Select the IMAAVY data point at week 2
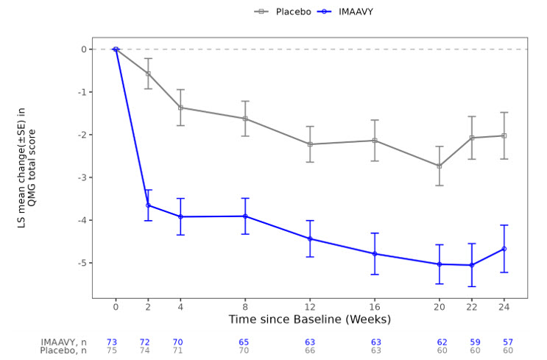tap(148, 205)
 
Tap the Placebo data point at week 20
tap(440, 166)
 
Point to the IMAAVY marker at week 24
tap(504, 249)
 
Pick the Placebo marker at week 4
tap(180, 107)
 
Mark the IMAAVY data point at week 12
tap(310, 239)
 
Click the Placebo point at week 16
tap(375, 141)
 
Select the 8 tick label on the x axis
tap(245, 306)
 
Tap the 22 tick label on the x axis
tap(472, 306)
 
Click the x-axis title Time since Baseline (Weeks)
tap(310, 320)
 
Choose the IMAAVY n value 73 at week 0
tap(111, 342)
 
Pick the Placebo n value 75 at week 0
tap(111, 351)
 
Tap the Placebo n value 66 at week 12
tap(310, 351)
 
